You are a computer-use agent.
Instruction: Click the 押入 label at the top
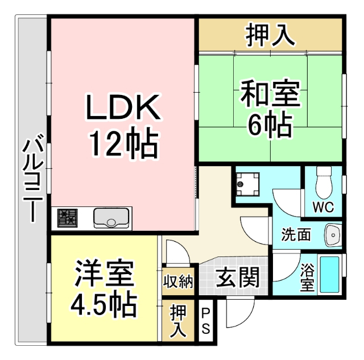[270, 35]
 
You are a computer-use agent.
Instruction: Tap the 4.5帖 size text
[104, 305]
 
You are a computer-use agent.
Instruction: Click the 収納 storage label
[179, 281]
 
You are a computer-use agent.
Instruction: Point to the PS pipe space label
[206, 322]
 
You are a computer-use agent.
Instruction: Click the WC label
[322, 206]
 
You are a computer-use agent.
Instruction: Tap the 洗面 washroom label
[296, 234]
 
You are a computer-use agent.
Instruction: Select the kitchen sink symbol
[111, 217]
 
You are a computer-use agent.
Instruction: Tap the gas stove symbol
[67, 217]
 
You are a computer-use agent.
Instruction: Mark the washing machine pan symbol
[247, 182]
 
